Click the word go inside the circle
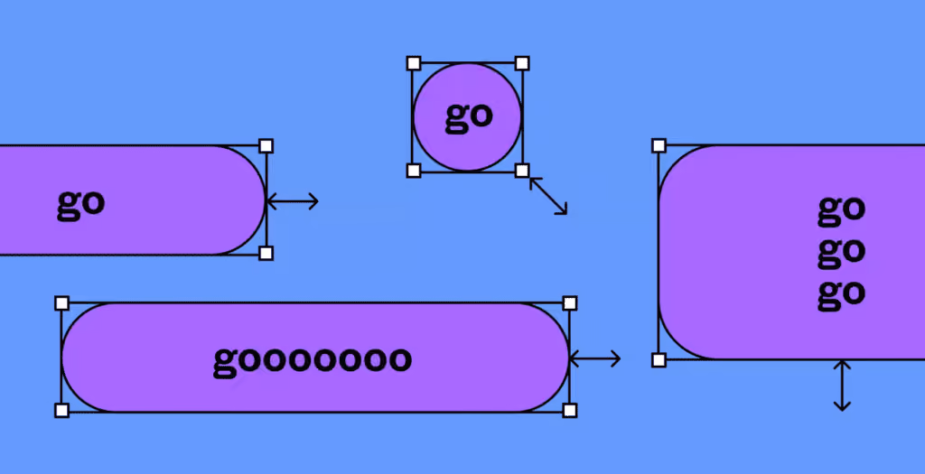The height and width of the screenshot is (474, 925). pos(469,116)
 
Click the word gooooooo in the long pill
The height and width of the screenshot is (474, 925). pos(312,360)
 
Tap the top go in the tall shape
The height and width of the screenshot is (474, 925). pos(841,210)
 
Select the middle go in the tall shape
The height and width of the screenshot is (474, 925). pos(841,252)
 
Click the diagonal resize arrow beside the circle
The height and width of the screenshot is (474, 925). pos(548,196)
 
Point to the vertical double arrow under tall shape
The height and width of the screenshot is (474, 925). pos(842,386)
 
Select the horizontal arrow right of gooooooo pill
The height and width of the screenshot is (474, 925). pos(594,358)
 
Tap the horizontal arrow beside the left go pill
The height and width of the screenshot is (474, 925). pos(293,201)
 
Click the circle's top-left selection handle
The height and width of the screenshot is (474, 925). pos(414,63)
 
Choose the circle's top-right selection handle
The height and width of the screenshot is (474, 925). pos(522,63)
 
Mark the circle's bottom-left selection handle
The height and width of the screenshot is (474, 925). pos(414,171)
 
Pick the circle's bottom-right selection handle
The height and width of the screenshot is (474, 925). pos(522,171)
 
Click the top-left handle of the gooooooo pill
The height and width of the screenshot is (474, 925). pos(62,303)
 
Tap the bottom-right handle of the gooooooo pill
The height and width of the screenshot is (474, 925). pos(570,410)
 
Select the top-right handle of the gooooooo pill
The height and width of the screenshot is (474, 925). pos(570,303)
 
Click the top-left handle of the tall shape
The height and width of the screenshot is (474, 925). pos(659,145)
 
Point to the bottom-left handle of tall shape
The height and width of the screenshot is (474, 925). pos(659,360)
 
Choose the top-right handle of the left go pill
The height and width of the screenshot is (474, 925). pos(266,145)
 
